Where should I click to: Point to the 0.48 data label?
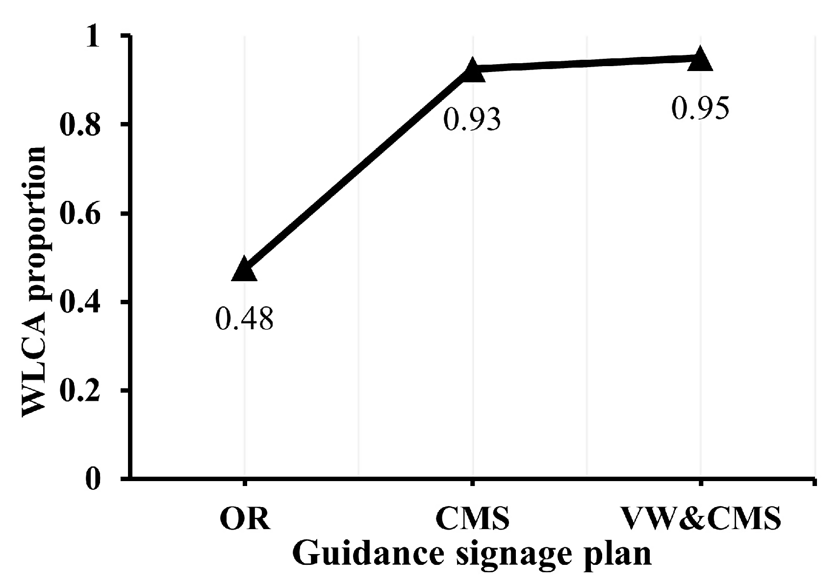click(244, 319)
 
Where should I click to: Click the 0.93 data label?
click(472, 119)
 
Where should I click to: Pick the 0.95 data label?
click(700, 109)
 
